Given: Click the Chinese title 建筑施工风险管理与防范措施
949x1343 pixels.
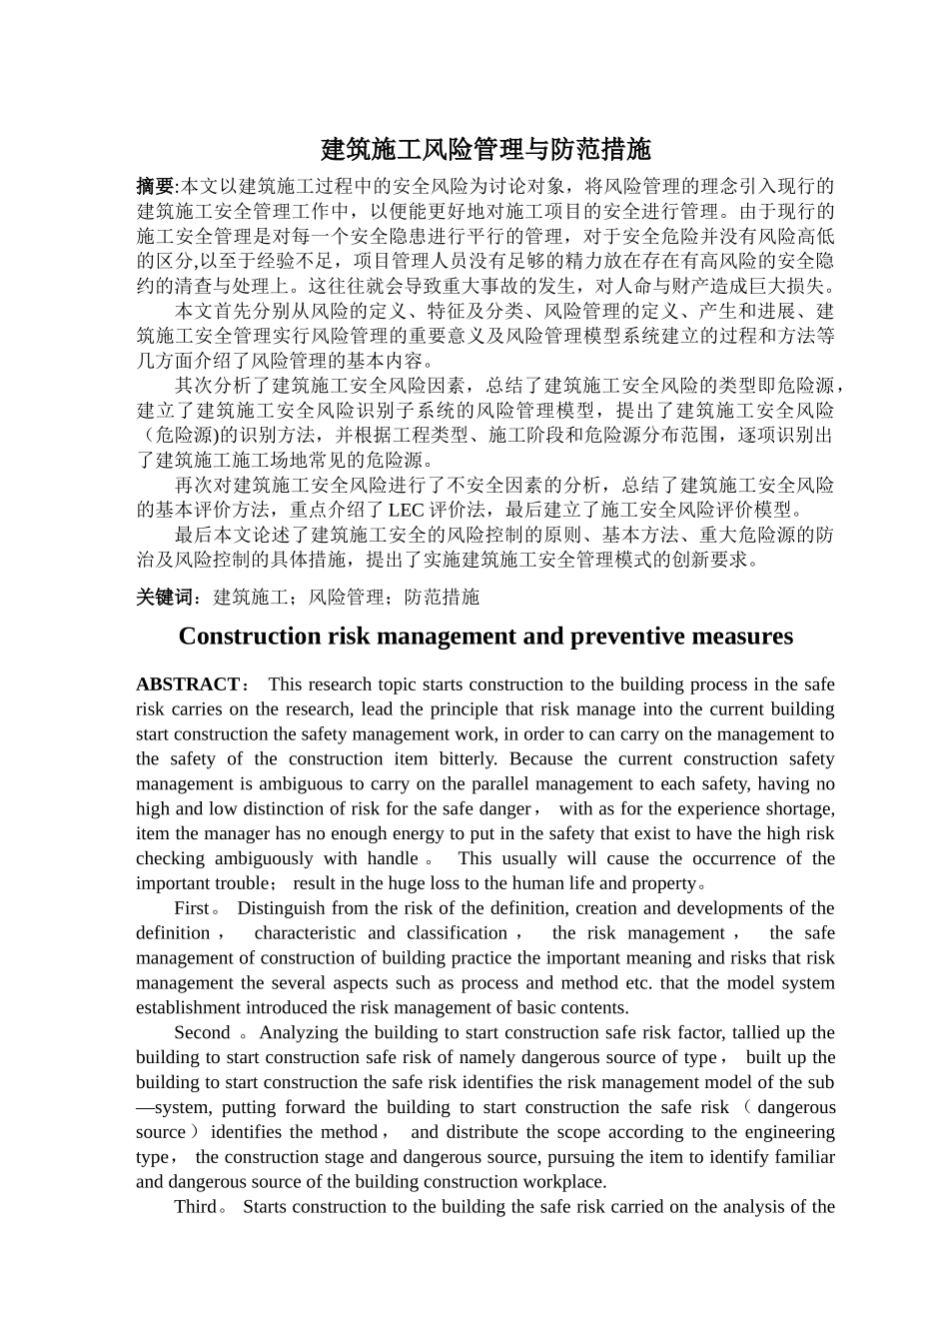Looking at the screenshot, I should pos(485,150).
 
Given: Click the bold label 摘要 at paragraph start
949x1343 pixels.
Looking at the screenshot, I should pos(154,186).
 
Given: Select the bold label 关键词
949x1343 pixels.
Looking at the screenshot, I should pos(164,598).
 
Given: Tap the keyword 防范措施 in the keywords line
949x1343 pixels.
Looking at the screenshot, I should pos(442,598).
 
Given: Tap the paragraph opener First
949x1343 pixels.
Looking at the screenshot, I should pos(192,908).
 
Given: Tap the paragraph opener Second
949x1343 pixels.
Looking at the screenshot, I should pos(202,1033).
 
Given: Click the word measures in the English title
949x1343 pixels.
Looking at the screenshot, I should pos(745,637).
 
